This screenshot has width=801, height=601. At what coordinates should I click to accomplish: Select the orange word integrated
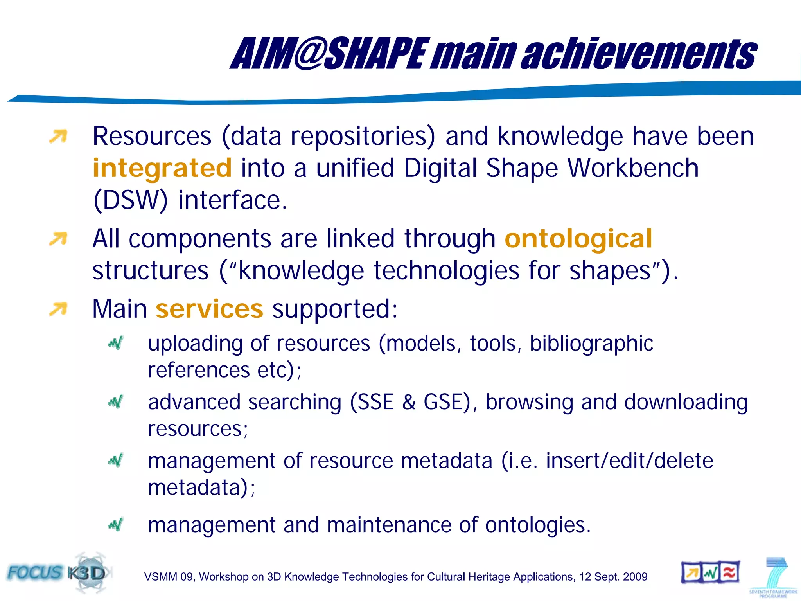click(x=162, y=168)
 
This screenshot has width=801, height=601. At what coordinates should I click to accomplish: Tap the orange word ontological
click(x=578, y=239)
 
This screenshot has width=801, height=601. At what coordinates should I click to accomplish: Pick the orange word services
click(x=210, y=309)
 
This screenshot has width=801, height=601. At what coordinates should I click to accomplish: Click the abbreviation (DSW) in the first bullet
click(x=130, y=200)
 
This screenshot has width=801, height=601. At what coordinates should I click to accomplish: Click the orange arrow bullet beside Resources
click(x=58, y=137)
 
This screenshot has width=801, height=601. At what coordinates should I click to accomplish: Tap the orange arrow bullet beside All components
click(x=58, y=239)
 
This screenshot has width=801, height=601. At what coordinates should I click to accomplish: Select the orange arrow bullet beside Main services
click(x=58, y=309)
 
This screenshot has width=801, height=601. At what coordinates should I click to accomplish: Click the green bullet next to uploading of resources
click(x=116, y=343)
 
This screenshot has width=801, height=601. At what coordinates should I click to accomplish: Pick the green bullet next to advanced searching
click(x=116, y=402)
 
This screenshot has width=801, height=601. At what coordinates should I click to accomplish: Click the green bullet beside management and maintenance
click(x=116, y=524)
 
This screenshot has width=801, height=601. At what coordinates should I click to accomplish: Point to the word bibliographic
click(x=591, y=344)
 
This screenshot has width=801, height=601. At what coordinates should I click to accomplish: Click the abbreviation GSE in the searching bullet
click(x=446, y=402)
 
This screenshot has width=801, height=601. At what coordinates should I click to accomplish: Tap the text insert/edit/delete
click(x=629, y=461)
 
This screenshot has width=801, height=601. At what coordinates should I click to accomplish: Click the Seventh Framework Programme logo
click(x=772, y=578)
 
